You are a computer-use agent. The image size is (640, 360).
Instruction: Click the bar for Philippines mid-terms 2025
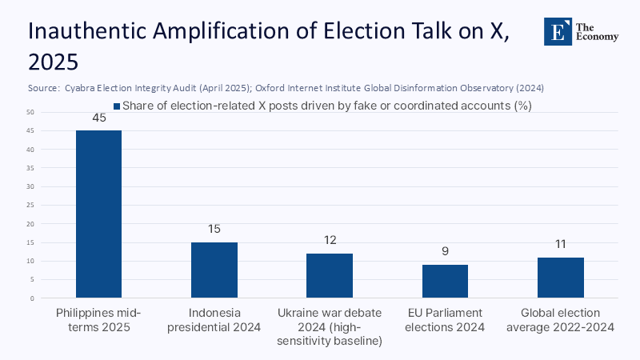(x=98, y=214)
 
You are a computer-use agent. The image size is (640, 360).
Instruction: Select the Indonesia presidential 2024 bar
(x=214, y=270)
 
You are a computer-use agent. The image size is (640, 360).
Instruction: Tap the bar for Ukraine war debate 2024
(x=330, y=276)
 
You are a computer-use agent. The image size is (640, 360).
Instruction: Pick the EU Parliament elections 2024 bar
(x=445, y=282)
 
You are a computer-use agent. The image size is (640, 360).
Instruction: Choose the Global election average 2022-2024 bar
(x=560, y=278)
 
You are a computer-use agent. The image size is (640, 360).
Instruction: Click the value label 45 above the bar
(x=98, y=118)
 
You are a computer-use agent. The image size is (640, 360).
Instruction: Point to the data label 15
(x=214, y=230)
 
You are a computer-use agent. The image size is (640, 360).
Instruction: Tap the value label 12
(x=330, y=241)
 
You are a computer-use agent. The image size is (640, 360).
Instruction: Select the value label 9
(x=445, y=252)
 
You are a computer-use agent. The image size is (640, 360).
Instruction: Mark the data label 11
(x=560, y=245)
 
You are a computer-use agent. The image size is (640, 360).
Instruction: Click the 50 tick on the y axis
(x=30, y=112)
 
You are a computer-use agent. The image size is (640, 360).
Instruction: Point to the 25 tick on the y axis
(x=30, y=205)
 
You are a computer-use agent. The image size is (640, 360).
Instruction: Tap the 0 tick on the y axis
(x=31, y=298)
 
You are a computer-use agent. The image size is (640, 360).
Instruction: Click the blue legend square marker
(x=116, y=105)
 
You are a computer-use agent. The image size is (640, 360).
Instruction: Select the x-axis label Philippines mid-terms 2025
(x=98, y=319)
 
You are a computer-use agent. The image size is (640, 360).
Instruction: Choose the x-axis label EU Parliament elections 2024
(x=445, y=319)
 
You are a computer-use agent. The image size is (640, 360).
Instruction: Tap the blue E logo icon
(x=558, y=31)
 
